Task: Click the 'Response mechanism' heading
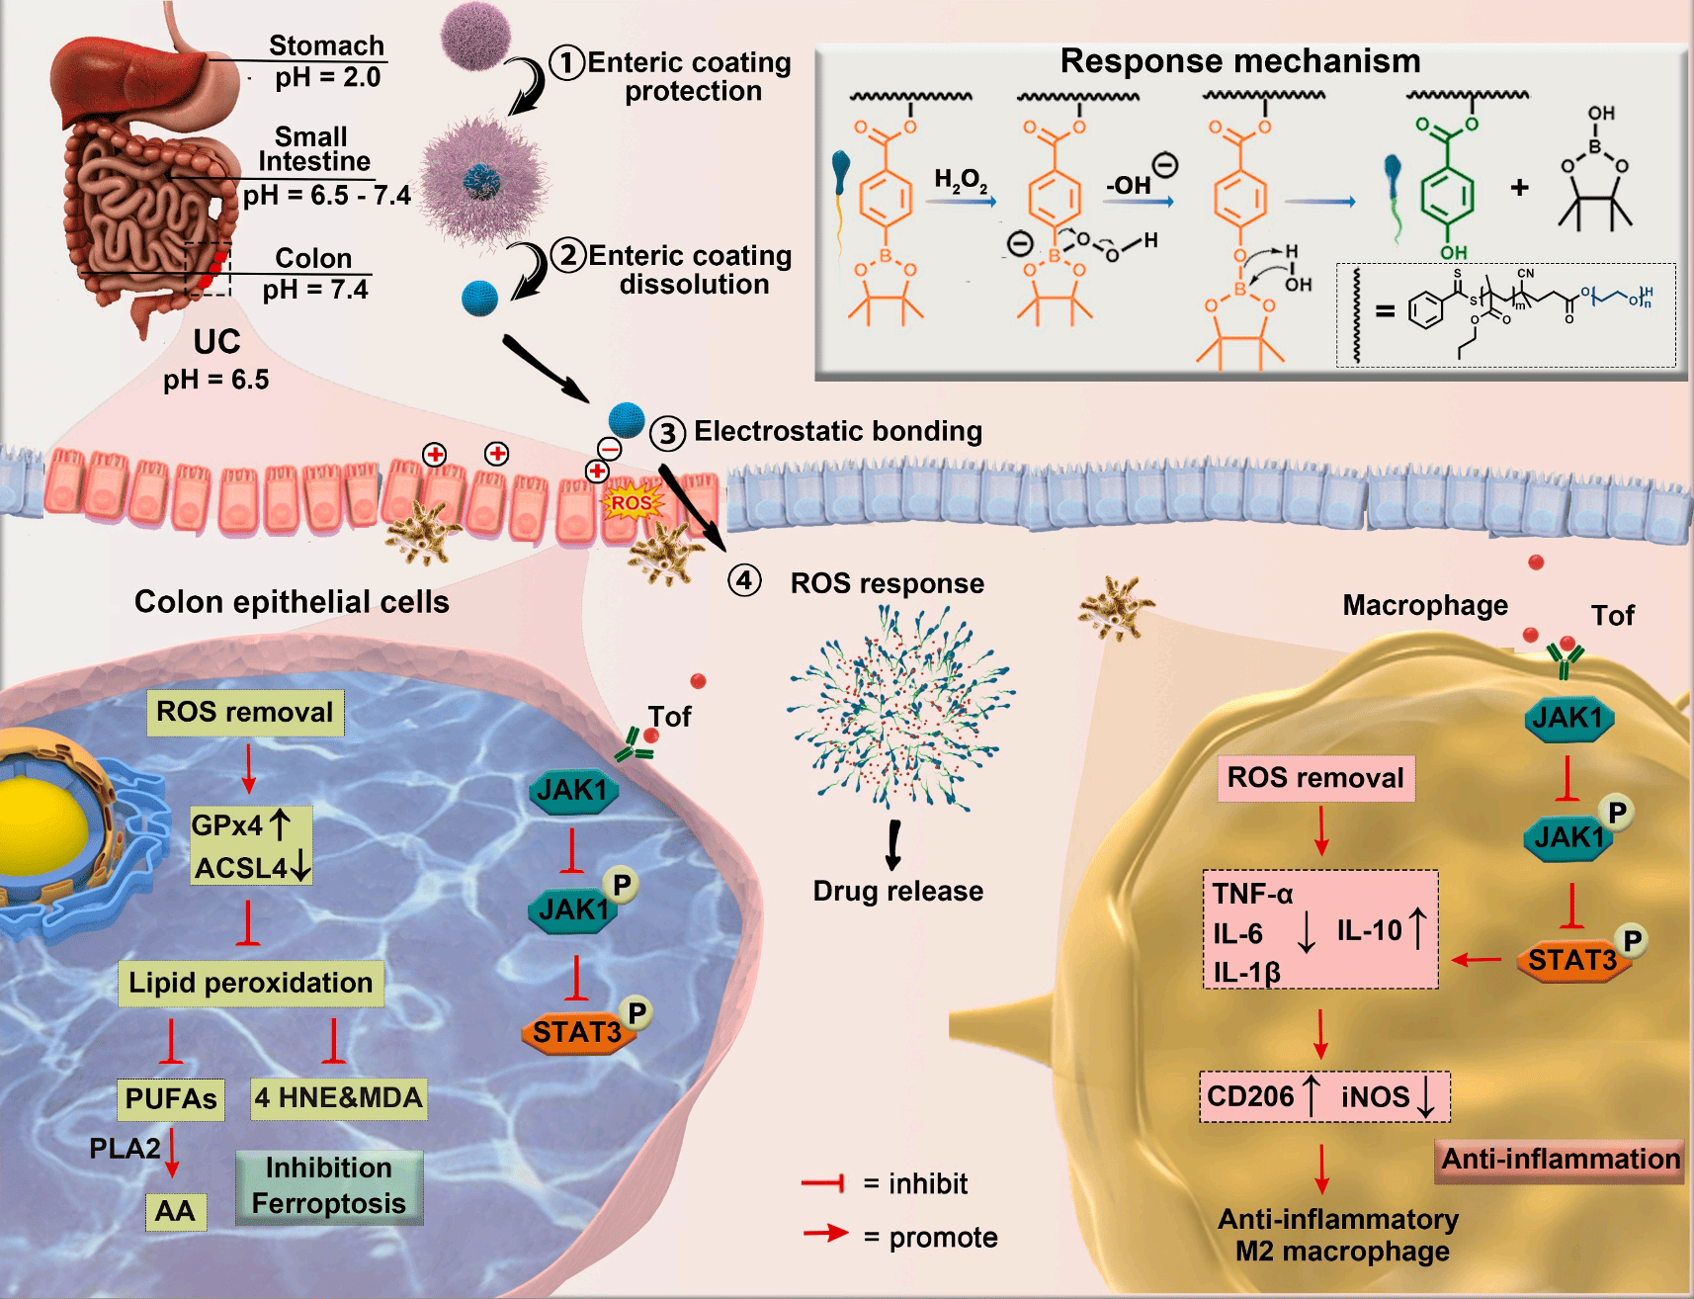coord(1239,61)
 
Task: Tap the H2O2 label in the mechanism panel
coord(960,180)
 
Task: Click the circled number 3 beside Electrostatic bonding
coord(667,433)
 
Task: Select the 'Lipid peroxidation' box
coord(250,983)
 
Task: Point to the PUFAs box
coord(171,1098)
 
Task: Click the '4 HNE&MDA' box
coord(338,1097)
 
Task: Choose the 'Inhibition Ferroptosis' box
coord(329,1186)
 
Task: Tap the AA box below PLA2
coord(175,1211)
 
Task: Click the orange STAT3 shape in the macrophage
coord(1571,960)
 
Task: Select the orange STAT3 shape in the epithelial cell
coord(576,1032)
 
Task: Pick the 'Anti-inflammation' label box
coord(1560,1159)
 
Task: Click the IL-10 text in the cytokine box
coord(1369,930)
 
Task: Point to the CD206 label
coord(1249,1096)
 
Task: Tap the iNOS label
coord(1375,1096)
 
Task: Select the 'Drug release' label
coord(897,891)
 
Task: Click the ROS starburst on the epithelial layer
coord(632,502)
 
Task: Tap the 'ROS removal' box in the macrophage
coord(1314,778)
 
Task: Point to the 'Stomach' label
coord(326,45)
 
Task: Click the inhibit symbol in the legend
coord(822,1182)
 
